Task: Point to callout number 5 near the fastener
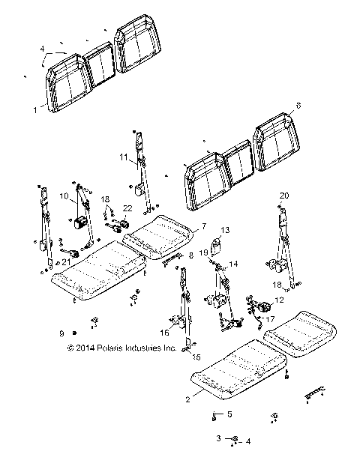point(229,414)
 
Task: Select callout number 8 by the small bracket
point(190,255)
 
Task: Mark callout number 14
point(233,264)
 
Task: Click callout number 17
point(272,318)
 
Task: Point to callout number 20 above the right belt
point(284,196)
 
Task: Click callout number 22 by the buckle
point(127,208)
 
